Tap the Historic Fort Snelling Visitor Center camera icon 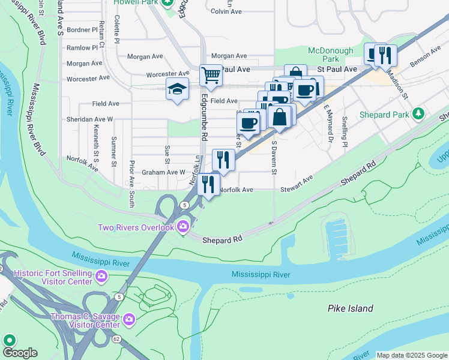101,276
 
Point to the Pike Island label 350,308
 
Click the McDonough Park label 332,55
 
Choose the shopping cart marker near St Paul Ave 211,76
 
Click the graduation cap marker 177,89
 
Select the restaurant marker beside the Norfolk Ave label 208,184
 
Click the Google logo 19,353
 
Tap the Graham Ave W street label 164,172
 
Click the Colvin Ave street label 226,11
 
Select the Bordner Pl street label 82,29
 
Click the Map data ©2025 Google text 411,355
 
